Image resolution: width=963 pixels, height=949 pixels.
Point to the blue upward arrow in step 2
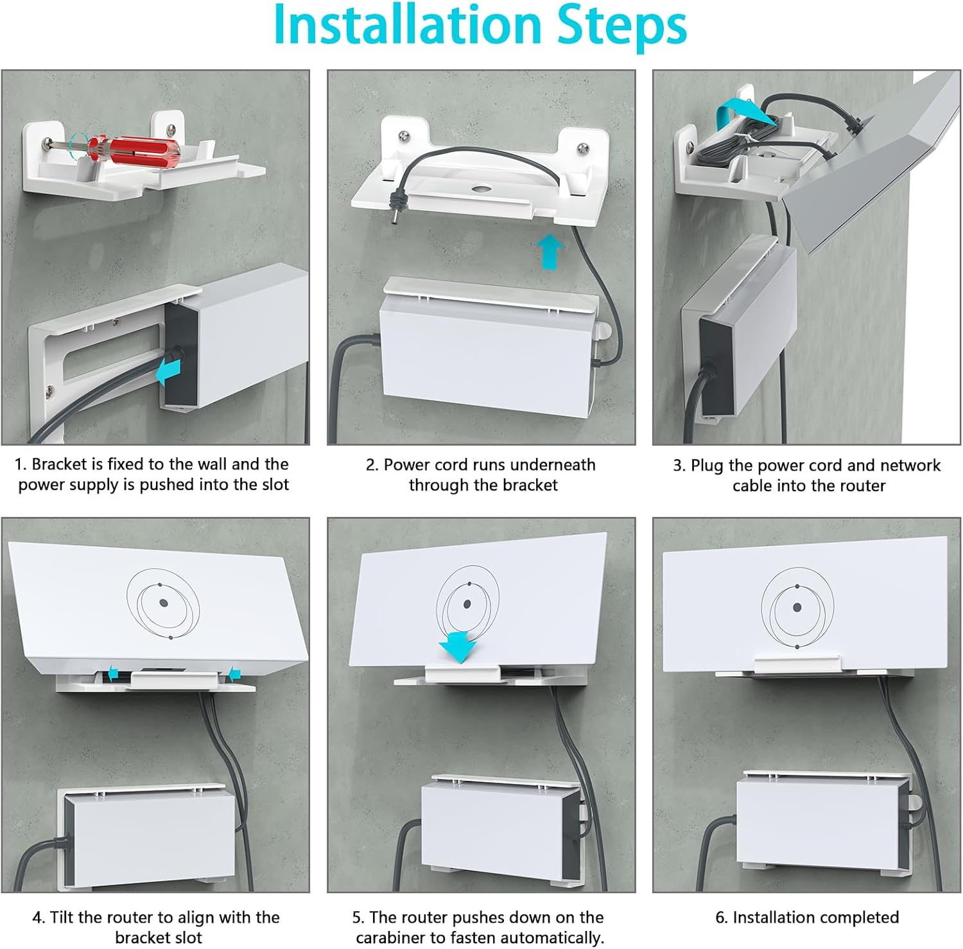(x=550, y=251)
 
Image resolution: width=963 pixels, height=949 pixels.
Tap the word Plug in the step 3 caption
(x=707, y=466)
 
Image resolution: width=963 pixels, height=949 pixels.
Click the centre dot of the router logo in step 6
(x=797, y=607)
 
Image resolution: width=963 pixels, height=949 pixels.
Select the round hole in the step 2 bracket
(x=479, y=190)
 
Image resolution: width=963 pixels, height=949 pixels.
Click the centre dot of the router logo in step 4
(x=163, y=603)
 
